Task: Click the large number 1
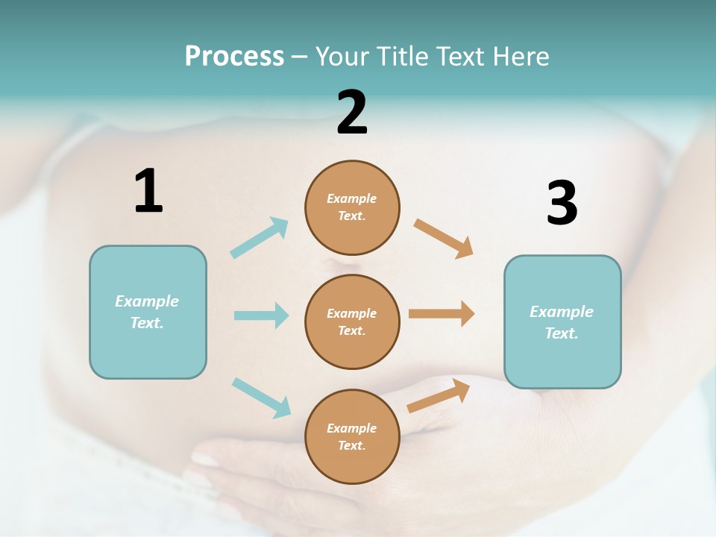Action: [x=148, y=191]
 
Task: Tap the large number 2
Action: [x=352, y=112]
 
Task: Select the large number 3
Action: [x=562, y=203]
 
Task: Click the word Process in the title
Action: [x=234, y=56]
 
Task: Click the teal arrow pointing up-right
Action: [x=260, y=238]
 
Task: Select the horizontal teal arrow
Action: [x=261, y=315]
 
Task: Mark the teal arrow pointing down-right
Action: [x=261, y=398]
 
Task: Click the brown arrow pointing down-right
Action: [x=444, y=239]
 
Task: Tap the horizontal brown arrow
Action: [x=442, y=313]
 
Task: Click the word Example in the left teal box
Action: [x=147, y=301]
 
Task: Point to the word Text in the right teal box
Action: [x=561, y=333]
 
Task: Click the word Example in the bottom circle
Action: [x=352, y=428]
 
